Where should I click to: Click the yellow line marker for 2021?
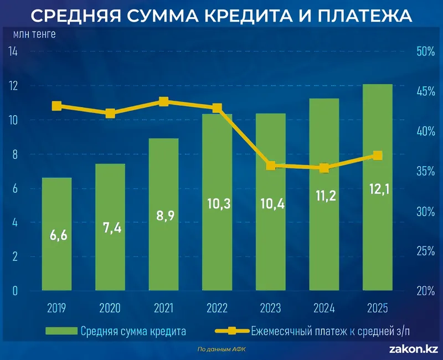[163, 101]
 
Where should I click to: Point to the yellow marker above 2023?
[271, 166]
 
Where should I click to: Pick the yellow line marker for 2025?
[377, 156]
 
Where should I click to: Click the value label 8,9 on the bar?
[163, 214]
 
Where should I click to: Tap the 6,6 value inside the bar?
[57, 235]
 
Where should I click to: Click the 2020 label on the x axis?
[110, 308]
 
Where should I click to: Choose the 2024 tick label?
[324, 308]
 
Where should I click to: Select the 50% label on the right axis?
[426, 52]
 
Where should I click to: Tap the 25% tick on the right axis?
[426, 251]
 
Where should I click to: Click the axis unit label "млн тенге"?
[34, 33]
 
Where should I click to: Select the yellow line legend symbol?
[231, 331]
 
